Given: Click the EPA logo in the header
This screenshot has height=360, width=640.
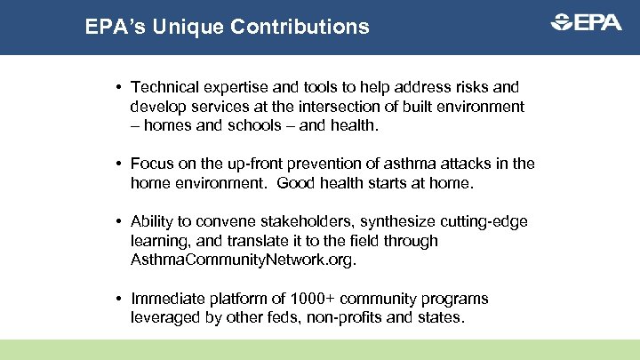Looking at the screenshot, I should coord(586,24).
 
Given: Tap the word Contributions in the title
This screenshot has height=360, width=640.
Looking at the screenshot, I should coord(300,27).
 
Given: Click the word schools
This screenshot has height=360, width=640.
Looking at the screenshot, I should coord(232,126).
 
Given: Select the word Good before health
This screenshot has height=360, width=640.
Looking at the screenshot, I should coord(295,183).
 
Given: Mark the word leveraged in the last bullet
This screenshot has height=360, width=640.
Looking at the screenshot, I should coord(163,317).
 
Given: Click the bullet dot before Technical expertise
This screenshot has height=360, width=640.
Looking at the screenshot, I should coord(118,87).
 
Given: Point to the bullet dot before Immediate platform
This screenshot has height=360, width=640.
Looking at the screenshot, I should coord(118,299).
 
